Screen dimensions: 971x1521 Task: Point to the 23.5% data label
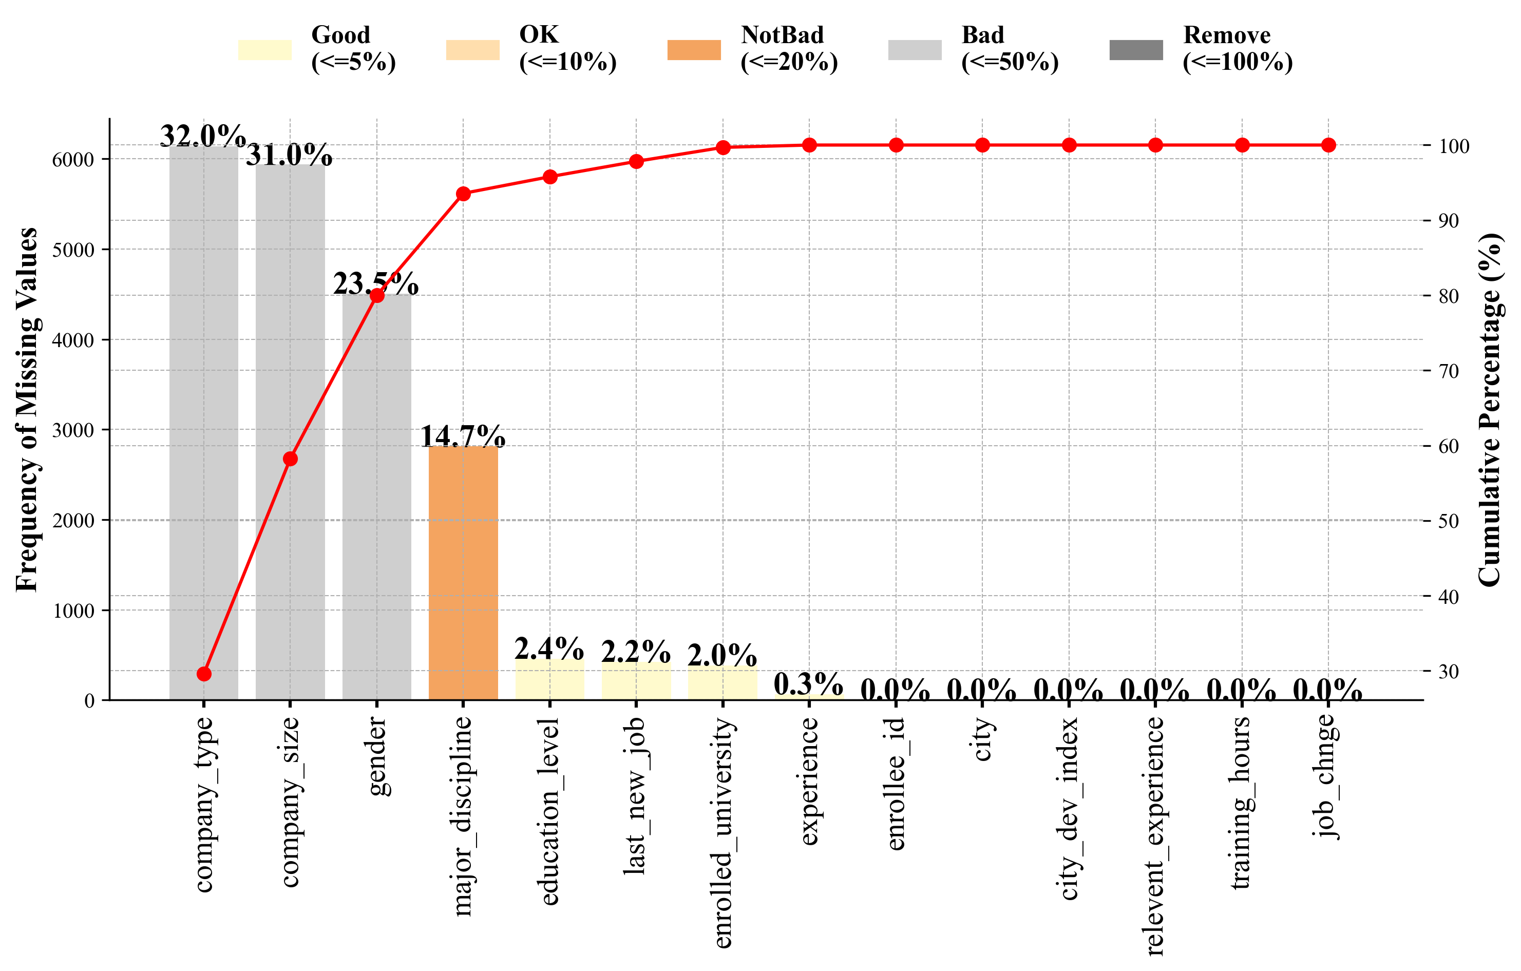coord(376,283)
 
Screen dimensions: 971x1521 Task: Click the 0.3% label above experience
coord(808,683)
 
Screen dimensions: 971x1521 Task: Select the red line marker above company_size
coord(290,459)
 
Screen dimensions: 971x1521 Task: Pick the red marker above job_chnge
coord(1328,145)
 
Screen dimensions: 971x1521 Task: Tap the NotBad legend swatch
coord(694,50)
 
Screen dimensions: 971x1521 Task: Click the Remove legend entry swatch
coord(1136,50)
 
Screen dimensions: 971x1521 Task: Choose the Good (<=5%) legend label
coord(353,49)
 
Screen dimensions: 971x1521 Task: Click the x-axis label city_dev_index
coord(1069,809)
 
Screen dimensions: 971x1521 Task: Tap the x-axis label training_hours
coord(1241,803)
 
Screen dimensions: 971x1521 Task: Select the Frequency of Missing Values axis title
coord(27,409)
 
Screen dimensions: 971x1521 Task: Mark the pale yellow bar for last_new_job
coord(636,681)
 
